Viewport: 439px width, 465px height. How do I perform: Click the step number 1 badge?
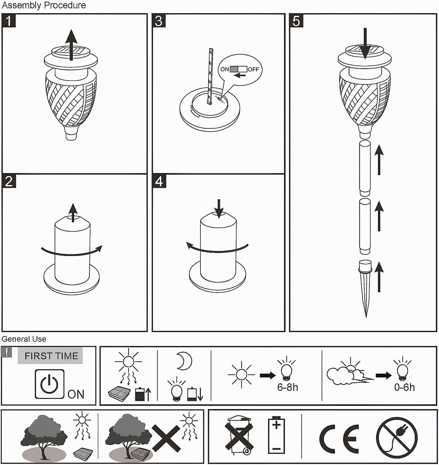tap(9, 21)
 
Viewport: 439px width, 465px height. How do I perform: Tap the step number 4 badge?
tap(159, 181)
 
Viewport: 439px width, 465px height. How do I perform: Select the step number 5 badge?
tap(296, 21)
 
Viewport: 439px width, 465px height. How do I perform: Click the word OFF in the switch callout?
tap(253, 69)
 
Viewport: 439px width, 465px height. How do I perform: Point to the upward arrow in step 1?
tap(71, 45)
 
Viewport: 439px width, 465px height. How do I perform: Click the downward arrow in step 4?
tap(219, 208)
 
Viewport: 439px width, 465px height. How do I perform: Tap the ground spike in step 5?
tap(366, 288)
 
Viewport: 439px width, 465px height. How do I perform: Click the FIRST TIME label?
tap(51, 356)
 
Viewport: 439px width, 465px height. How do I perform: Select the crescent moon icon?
tap(184, 361)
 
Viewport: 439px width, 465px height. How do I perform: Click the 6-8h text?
tap(288, 387)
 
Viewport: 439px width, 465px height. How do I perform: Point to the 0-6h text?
tap(404, 387)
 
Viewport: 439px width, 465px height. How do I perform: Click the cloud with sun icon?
tap(350, 371)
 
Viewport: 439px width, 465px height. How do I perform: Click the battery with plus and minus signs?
tap(276, 435)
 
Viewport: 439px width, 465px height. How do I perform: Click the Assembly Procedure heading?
tap(44, 5)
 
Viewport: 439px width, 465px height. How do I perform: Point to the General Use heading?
tap(24, 339)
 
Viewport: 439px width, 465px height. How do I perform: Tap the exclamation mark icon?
tap(6, 352)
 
